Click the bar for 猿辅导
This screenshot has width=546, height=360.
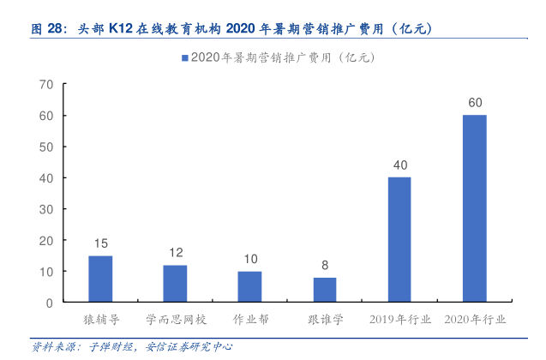(x=100, y=279)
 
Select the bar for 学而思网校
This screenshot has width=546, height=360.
(x=175, y=284)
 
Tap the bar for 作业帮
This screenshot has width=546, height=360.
(x=249, y=286)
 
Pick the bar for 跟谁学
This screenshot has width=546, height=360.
(x=325, y=290)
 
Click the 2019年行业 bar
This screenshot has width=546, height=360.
(x=399, y=239)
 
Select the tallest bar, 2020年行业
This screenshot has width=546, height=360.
(x=474, y=208)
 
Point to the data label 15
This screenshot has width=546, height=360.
(x=100, y=244)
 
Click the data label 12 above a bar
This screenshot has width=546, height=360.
(x=175, y=254)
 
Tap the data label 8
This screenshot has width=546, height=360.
(x=325, y=266)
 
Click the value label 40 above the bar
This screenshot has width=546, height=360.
(x=399, y=165)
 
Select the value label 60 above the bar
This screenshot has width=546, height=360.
(x=474, y=103)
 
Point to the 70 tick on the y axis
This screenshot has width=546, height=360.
(x=46, y=84)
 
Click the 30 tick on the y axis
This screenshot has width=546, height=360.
(x=46, y=209)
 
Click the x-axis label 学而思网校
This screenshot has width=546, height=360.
(x=175, y=320)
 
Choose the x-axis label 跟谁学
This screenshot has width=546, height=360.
(x=325, y=320)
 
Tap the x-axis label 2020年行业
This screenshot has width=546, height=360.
(x=474, y=320)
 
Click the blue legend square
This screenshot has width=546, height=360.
(x=183, y=57)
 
